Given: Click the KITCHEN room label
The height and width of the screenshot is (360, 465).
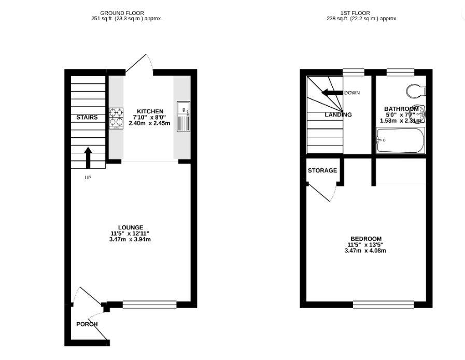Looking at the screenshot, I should click(x=150, y=111).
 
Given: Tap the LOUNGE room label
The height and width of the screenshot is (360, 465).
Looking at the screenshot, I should click(x=130, y=227).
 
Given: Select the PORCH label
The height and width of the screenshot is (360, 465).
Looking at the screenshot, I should click(x=87, y=324).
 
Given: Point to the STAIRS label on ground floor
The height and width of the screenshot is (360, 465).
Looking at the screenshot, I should click(x=87, y=118).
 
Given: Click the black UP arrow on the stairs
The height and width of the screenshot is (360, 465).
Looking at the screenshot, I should click(x=88, y=157).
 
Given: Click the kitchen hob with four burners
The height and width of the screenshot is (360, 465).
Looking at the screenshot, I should click(x=116, y=118).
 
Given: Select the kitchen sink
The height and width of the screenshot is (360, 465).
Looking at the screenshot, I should click(x=184, y=116).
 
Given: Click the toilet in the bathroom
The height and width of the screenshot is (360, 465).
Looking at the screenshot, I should click(x=416, y=91).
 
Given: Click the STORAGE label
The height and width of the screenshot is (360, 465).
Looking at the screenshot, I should click(x=322, y=170).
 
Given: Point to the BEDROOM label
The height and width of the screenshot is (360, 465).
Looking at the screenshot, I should click(x=365, y=239).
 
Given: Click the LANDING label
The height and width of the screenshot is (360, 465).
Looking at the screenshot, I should click(x=338, y=114).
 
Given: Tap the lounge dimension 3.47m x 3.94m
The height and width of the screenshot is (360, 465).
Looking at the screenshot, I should click(x=130, y=239).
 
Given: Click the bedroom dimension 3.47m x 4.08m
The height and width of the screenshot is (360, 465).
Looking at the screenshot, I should click(x=365, y=251).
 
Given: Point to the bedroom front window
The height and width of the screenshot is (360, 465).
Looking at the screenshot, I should click(x=384, y=304).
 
